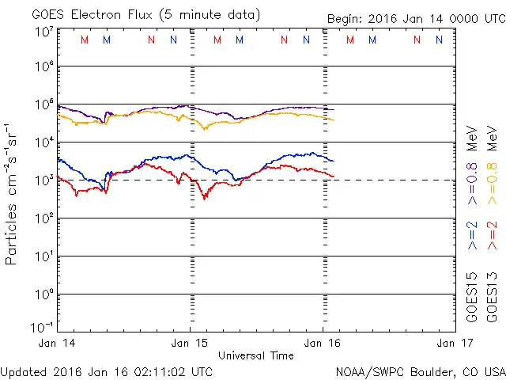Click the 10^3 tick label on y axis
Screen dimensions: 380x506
click(x=43, y=181)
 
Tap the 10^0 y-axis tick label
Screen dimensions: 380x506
click(x=43, y=294)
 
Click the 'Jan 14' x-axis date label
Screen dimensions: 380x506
click(x=58, y=344)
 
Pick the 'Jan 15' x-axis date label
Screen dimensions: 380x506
click(x=190, y=344)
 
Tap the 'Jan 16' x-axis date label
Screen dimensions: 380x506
click(x=322, y=344)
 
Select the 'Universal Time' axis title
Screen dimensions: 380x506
click(x=255, y=355)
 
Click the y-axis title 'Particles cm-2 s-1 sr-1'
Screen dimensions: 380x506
click(x=13, y=193)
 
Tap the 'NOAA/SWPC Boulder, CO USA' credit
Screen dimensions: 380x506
click(x=420, y=370)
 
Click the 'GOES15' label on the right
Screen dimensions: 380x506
click(x=472, y=298)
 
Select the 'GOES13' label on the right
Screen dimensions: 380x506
click(x=492, y=298)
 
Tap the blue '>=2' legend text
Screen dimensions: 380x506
click(x=472, y=235)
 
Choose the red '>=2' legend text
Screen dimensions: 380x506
click(x=492, y=235)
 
